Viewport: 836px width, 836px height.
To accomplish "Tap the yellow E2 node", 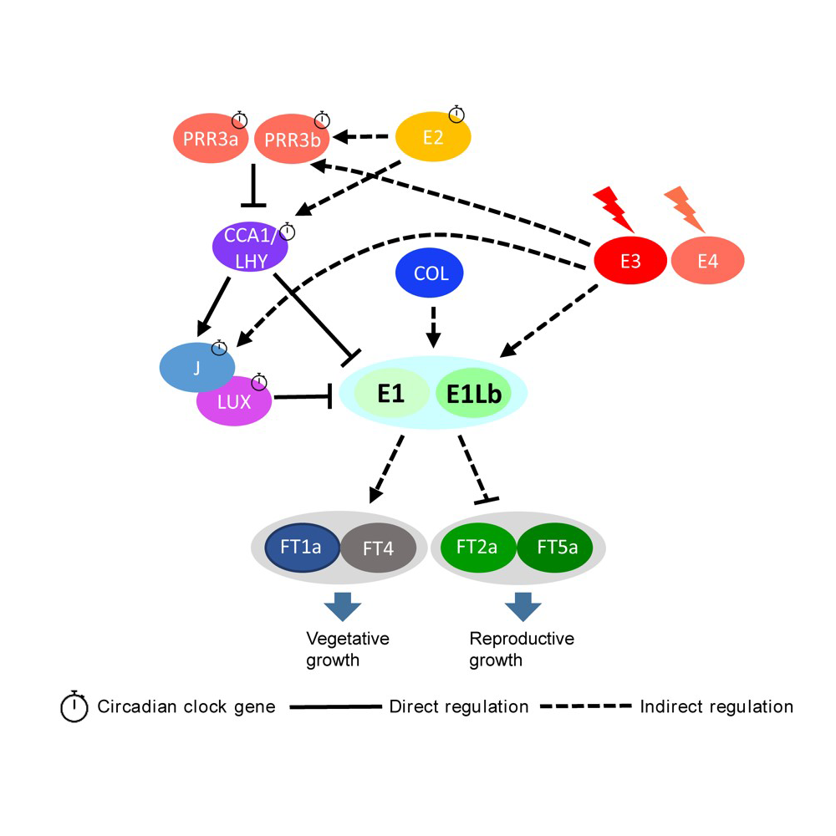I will click(432, 136).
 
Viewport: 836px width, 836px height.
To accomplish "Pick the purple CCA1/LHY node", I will click(251, 248).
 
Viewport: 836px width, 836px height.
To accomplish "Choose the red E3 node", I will click(630, 261).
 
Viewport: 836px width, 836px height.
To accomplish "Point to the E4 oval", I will click(707, 261).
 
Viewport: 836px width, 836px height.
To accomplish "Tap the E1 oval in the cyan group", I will click(390, 393).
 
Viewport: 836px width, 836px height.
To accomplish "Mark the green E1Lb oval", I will click(473, 394).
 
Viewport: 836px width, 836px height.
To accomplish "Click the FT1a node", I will click(301, 548).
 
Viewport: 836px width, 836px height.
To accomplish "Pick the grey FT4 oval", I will click(379, 549).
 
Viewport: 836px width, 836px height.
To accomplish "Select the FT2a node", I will click(477, 548).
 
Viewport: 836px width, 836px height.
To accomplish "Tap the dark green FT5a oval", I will click(554, 548).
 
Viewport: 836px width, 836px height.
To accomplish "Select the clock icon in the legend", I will click(74, 706).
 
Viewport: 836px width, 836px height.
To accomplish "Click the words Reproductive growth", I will click(521, 650).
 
